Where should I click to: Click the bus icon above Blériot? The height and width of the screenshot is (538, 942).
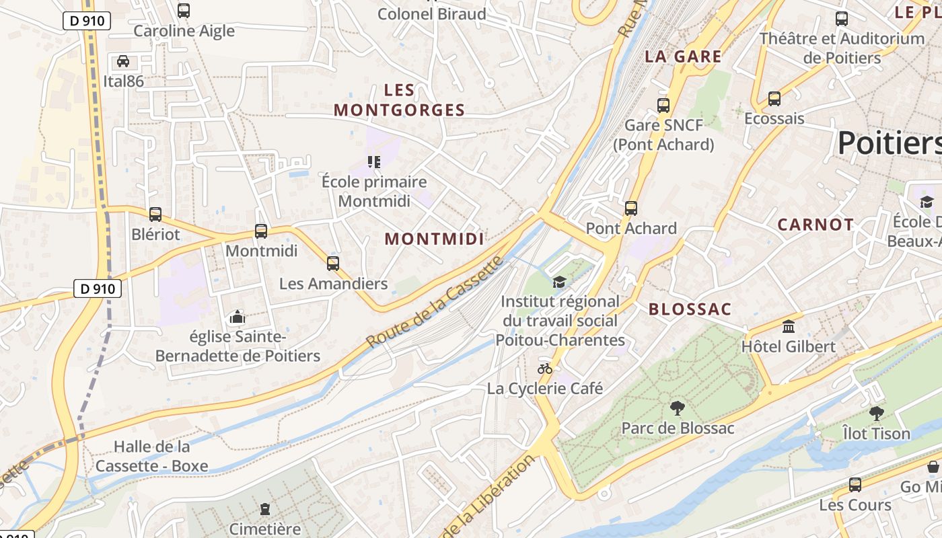click(x=155, y=215)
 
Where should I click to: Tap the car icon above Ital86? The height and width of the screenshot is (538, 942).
click(x=123, y=61)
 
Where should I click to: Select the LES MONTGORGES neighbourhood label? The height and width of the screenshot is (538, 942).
click(x=400, y=100)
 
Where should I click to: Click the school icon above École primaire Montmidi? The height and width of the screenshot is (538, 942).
click(x=374, y=161)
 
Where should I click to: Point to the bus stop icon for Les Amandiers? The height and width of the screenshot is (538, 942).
click(x=333, y=264)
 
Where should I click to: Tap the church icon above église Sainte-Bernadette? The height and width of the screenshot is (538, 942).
click(x=237, y=317)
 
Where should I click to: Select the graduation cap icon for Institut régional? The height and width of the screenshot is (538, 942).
click(x=559, y=282)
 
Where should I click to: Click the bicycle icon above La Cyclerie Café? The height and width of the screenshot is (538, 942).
click(x=545, y=369)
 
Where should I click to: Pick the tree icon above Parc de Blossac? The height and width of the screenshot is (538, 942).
click(x=678, y=408)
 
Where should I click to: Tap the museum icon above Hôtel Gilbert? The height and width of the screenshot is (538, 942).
click(x=788, y=327)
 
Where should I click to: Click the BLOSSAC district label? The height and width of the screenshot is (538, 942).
click(x=690, y=309)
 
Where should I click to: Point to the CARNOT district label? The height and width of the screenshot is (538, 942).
click(x=816, y=225)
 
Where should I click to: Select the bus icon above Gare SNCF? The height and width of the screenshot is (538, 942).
click(x=663, y=106)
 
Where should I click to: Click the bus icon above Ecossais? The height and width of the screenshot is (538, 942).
click(x=774, y=99)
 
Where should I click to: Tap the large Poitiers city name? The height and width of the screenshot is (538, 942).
click(x=888, y=143)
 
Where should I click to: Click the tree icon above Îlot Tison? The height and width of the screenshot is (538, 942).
click(x=876, y=414)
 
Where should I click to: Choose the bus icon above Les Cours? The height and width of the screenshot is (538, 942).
click(x=855, y=485)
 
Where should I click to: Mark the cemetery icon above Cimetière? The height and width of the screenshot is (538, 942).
click(x=265, y=509)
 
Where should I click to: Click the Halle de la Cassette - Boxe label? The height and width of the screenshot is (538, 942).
click(x=152, y=456)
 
